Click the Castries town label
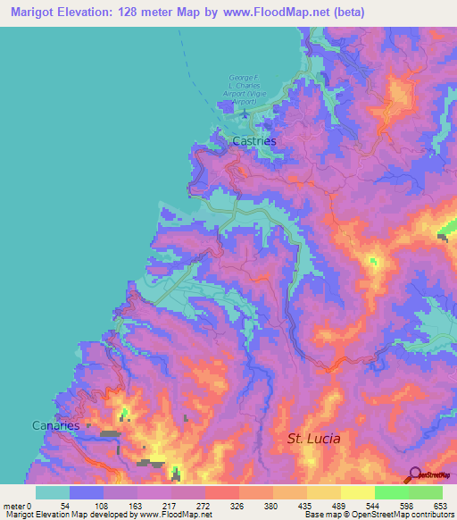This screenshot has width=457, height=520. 254,141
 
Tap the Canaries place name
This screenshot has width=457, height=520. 55,425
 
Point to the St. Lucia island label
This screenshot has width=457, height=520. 313,439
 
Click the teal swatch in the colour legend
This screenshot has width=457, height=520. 53,493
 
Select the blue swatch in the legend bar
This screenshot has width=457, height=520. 87,493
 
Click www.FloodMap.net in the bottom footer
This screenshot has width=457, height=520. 175,514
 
